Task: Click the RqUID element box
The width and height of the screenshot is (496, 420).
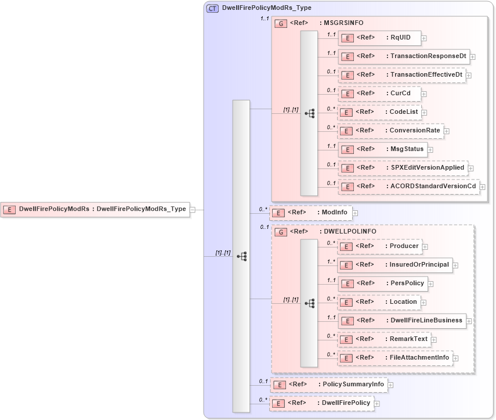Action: coord(379,38)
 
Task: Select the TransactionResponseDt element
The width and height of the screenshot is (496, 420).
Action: coord(404,57)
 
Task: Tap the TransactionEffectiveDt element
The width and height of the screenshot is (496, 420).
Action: coord(401,75)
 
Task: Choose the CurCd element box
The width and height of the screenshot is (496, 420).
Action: coord(379,94)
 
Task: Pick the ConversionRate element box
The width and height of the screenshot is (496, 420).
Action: coord(390,131)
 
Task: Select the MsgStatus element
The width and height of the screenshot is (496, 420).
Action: coord(383,149)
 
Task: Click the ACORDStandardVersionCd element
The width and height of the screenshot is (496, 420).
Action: coord(408,186)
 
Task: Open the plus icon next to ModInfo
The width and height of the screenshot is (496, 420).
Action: coord(355,213)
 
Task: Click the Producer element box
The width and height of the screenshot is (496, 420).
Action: coord(379,246)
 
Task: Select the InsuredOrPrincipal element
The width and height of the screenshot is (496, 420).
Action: coord(394,265)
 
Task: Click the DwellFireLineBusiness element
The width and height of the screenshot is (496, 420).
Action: coord(402,320)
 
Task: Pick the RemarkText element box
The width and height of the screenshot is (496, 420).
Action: coord(384,339)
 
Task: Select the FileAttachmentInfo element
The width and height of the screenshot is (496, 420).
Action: coord(395,358)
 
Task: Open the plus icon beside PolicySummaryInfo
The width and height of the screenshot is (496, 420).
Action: coord(390,385)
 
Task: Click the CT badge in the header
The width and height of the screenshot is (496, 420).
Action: coord(212,8)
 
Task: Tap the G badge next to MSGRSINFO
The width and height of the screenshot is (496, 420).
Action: coord(281,23)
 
